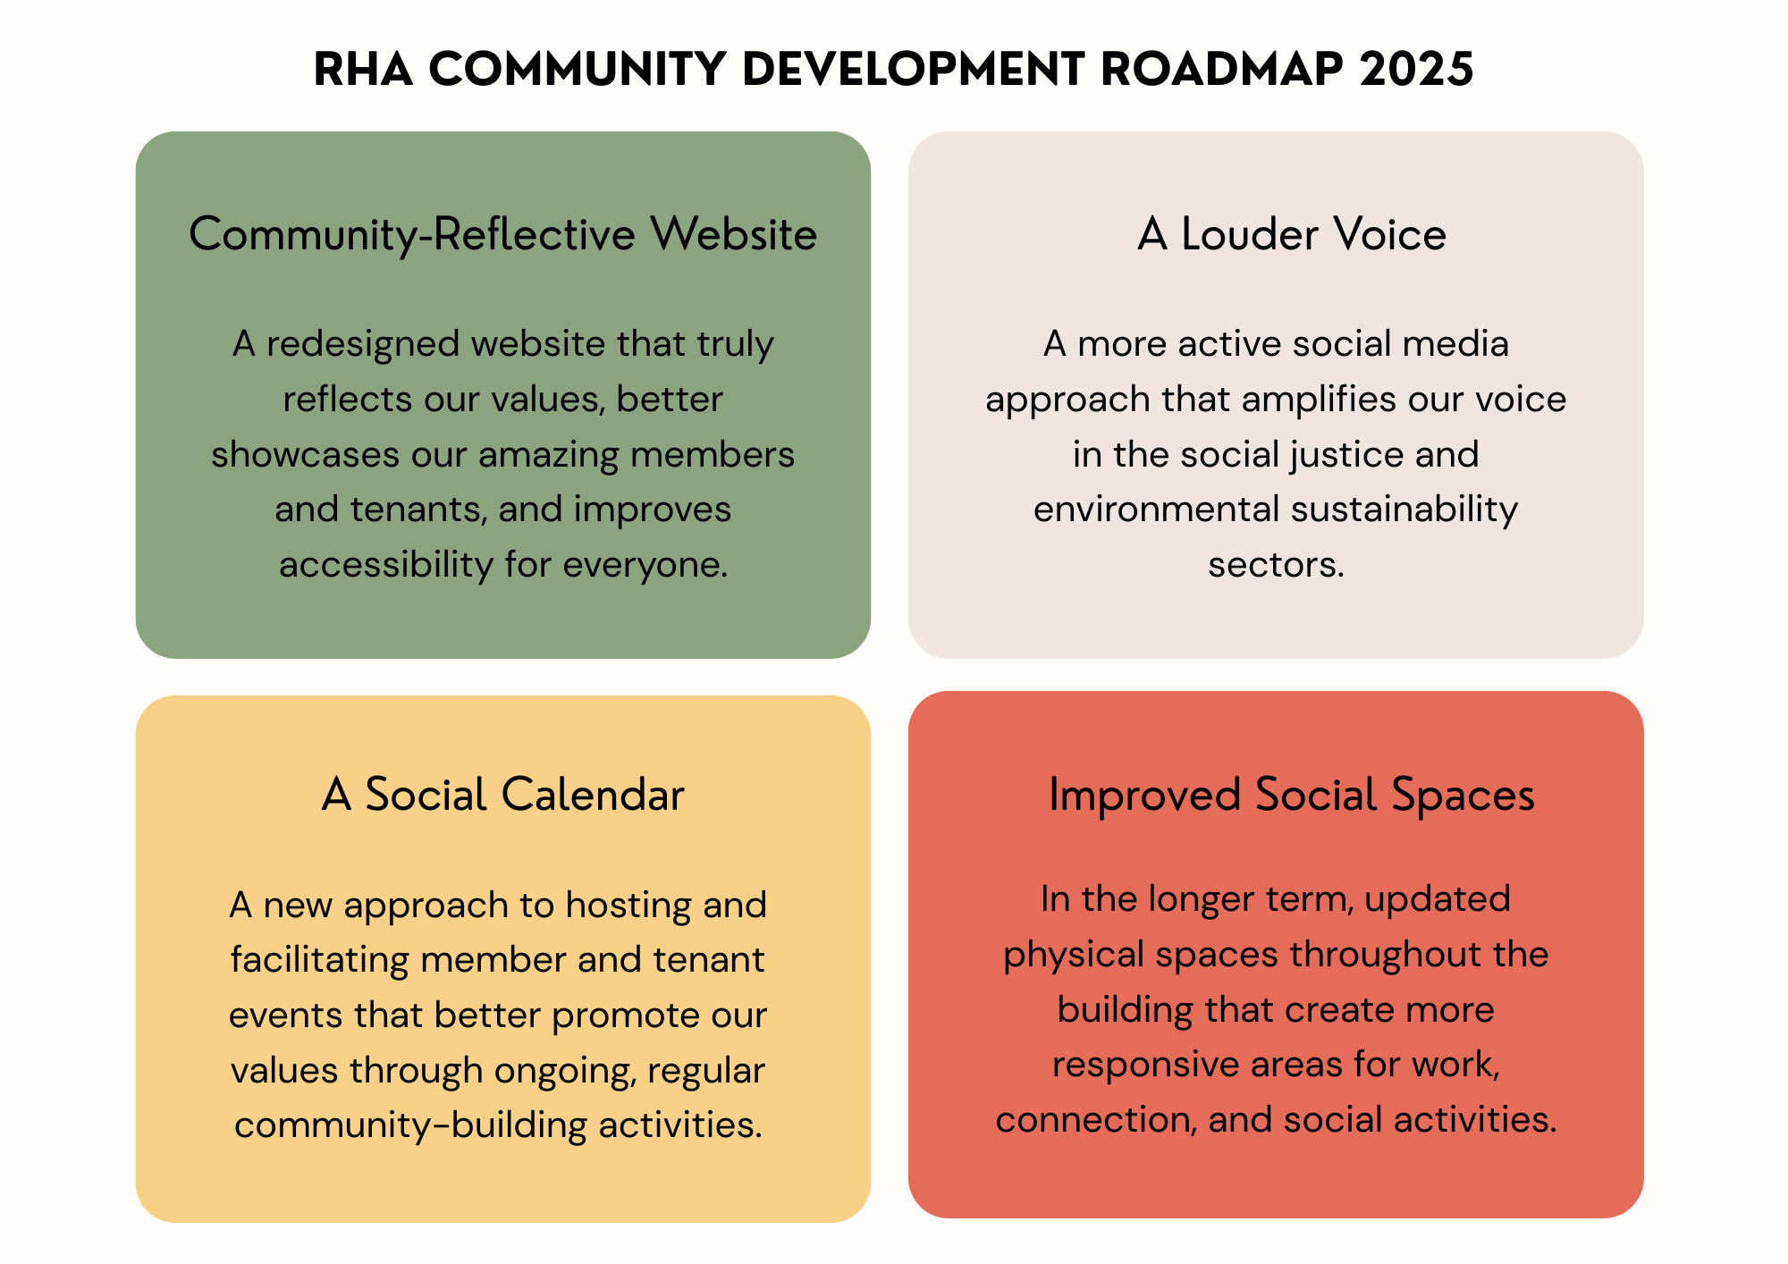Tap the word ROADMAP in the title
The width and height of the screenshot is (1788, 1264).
1221,69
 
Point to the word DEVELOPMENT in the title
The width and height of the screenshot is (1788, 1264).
913,69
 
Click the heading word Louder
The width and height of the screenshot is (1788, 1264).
1250,234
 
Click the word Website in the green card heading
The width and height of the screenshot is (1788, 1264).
733,234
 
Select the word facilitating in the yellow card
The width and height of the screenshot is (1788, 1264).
320,960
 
